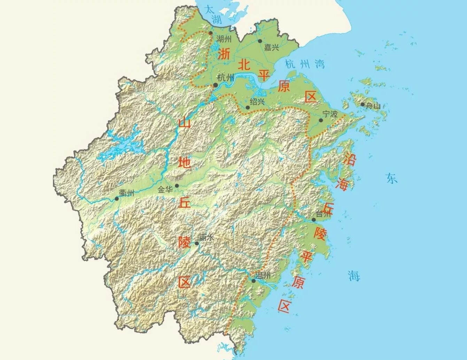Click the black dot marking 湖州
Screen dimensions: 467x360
click(211, 33)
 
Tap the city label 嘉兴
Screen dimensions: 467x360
click(271, 47)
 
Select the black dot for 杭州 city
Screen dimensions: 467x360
click(216, 85)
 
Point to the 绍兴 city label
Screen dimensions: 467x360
click(257, 101)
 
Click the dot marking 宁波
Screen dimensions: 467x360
click(321, 120)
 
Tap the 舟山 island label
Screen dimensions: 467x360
click(373, 106)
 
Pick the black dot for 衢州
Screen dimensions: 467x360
click(117, 199)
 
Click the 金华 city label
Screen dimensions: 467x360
click(165, 190)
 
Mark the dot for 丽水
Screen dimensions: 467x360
click(197, 243)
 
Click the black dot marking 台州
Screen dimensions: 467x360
click(313, 220)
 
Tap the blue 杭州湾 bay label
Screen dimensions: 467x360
click(304, 64)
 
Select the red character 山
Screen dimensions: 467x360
click(184, 122)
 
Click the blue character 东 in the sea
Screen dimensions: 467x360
click(391, 178)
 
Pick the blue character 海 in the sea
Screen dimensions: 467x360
click(354, 276)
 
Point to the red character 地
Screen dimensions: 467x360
click(184, 162)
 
